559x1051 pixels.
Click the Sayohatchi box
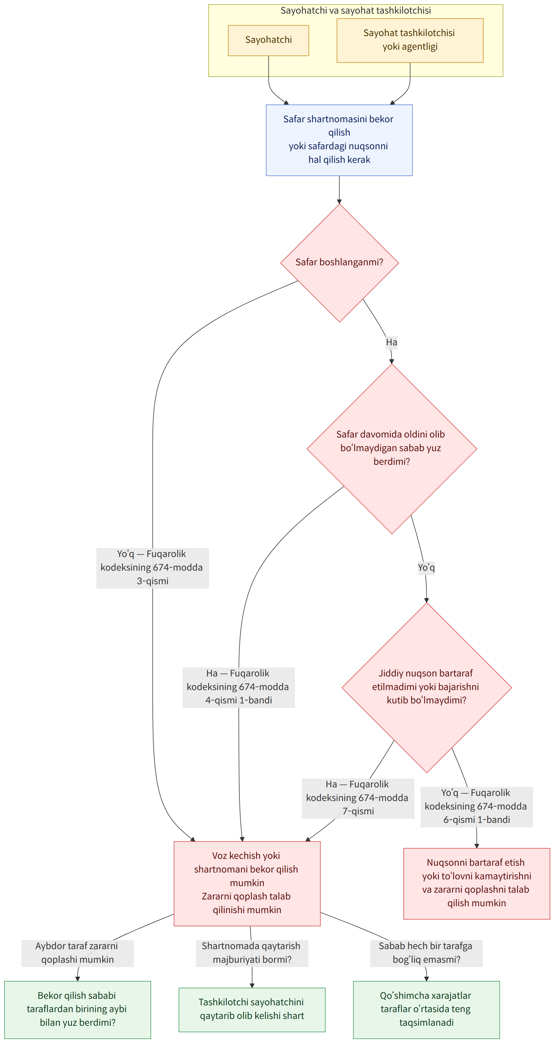(x=268, y=40)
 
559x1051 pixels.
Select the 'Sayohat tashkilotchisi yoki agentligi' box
(x=410, y=40)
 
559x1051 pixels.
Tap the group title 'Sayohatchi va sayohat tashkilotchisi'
(x=355, y=10)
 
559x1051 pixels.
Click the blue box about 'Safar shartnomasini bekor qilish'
(x=339, y=140)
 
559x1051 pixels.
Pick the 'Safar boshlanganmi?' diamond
(x=339, y=263)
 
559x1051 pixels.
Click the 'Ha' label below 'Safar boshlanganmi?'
(x=391, y=342)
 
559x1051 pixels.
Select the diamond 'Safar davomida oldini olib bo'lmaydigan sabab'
(x=391, y=448)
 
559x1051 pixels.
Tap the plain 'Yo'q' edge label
(x=426, y=567)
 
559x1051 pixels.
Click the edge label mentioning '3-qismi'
(x=153, y=567)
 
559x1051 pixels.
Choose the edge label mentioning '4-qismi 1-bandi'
(x=238, y=687)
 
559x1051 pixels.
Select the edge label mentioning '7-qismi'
(x=358, y=798)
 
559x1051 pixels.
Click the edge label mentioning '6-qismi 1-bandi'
(x=477, y=807)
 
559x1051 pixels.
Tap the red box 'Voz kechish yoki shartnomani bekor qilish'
(x=247, y=883)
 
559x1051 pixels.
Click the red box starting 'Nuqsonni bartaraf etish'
(x=477, y=883)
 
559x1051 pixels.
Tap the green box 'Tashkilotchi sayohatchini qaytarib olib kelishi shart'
(x=252, y=1009)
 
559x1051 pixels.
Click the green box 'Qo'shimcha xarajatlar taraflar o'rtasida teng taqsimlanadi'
(x=427, y=1009)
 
